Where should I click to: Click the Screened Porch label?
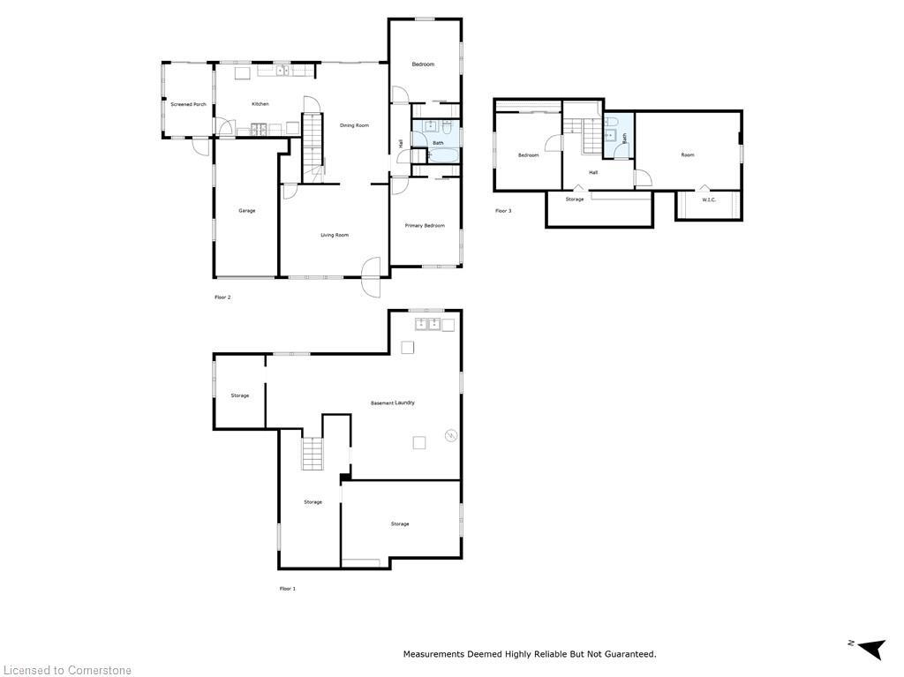[188, 104]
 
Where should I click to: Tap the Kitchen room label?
[260, 104]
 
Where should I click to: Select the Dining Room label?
[354, 125]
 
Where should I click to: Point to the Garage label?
[247, 211]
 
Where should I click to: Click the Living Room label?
[335, 235]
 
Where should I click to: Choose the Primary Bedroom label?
[425, 226]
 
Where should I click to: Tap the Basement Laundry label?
[392, 403]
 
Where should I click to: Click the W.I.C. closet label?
[709, 199]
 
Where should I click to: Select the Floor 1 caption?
[288, 589]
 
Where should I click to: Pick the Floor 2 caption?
[222, 297]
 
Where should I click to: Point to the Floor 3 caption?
[502, 211]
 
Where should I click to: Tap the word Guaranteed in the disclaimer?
[627, 654]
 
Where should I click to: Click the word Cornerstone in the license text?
[99, 671]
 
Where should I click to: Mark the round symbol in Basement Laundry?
[451, 434]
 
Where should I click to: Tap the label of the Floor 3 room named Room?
[688, 155]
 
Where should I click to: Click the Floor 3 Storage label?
[575, 199]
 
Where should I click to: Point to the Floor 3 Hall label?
[593, 172]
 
